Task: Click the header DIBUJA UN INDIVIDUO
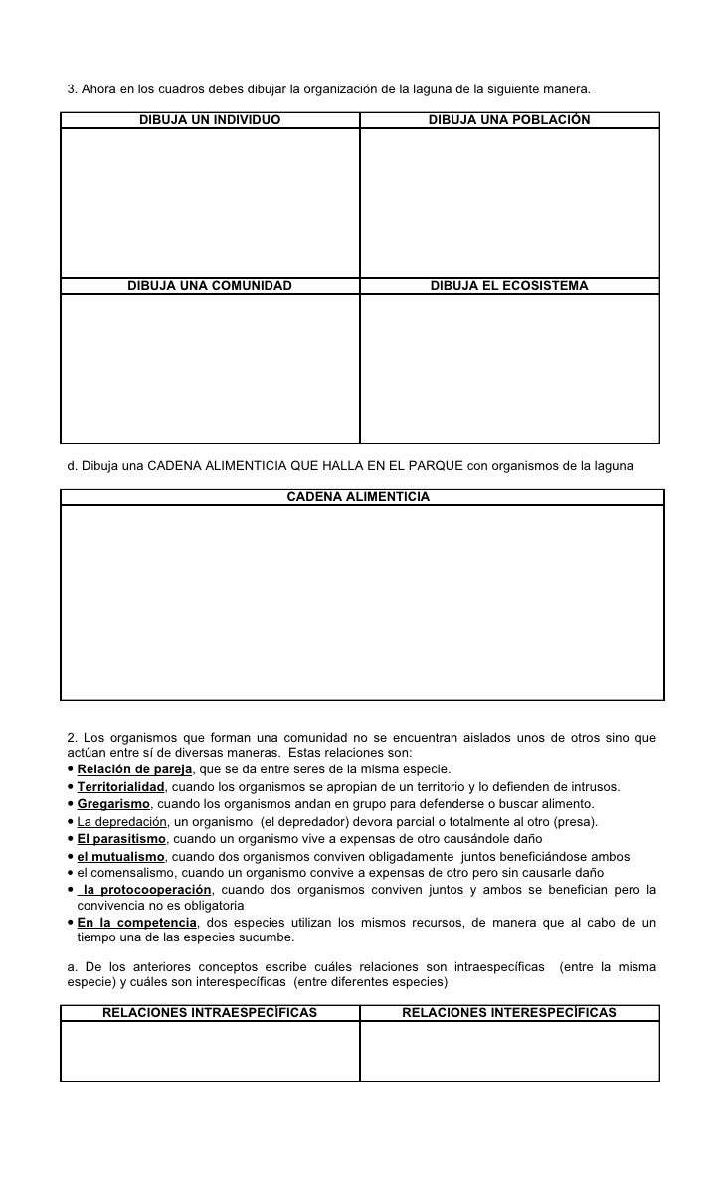[x=210, y=120]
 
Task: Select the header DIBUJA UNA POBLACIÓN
[x=509, y=120]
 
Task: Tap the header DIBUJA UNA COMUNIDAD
[x=210, y=286]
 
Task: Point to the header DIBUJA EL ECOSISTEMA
[x=509, y=286]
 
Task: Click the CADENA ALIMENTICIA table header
[x=359, y=496]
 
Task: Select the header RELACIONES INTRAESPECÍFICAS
[x=210, y=1013]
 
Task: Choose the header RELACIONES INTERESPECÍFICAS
[x=509, y=1013]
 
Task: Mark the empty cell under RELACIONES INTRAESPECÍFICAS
[x=210, y=1050]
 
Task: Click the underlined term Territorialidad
[x=120, y=786]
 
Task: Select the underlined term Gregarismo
[x=113, y=804]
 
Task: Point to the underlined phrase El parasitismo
[x=121, y=839]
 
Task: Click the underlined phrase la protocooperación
[x=147, y=889]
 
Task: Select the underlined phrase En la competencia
[x=136, y=923]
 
